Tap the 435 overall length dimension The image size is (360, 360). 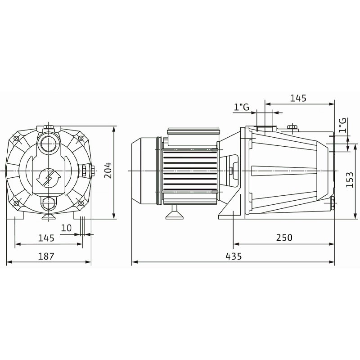[x=234, y=256]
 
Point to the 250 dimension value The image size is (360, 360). [x=284, y=238]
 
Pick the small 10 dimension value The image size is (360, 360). [x=66, y=228]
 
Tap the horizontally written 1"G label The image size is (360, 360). [x=242, y=107]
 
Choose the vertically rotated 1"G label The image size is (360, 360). [x=342, y=126]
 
